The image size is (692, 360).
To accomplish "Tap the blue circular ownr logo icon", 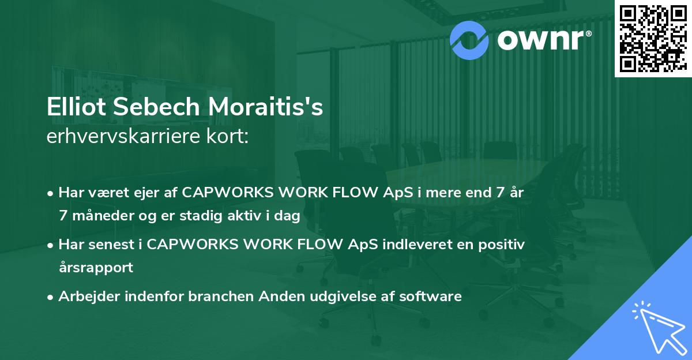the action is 469,40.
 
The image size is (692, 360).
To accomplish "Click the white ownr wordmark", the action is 541,40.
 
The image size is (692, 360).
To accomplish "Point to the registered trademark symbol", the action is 589,33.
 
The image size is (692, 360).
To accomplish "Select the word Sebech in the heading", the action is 157,107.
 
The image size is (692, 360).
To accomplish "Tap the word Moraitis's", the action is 265,107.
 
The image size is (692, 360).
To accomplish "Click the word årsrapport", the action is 96,268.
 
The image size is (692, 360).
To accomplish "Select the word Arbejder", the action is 89,297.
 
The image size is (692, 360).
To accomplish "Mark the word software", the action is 430,297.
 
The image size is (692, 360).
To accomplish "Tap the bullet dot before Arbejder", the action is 50,297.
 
